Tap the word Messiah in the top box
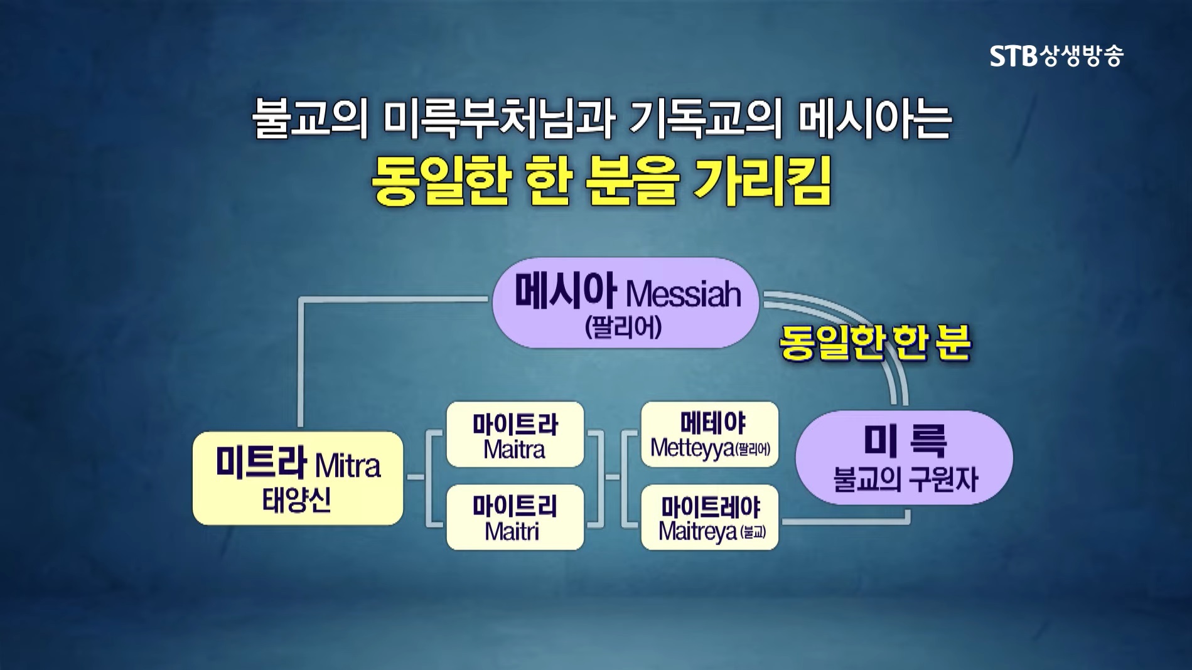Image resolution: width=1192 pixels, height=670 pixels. (x=684, y=294)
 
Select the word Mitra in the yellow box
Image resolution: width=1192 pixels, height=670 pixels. (x=348, y=466)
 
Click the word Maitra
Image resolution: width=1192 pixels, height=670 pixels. (x=514, y=450)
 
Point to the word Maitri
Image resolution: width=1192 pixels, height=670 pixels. (x=512, y=532)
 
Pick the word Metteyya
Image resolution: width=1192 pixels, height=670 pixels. (x=692, y=448)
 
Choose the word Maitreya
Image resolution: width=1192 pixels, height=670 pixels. (x=697, y=531)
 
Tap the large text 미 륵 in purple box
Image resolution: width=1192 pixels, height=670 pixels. (x=905, y=441)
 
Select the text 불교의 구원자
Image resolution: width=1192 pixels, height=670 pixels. (x=905, y=481)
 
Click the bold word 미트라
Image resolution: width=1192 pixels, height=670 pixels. (x=261, y=462)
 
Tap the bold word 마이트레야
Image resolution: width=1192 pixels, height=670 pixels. (x=710, y=507)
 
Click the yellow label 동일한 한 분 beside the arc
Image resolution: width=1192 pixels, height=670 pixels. (x=875, y=343)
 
